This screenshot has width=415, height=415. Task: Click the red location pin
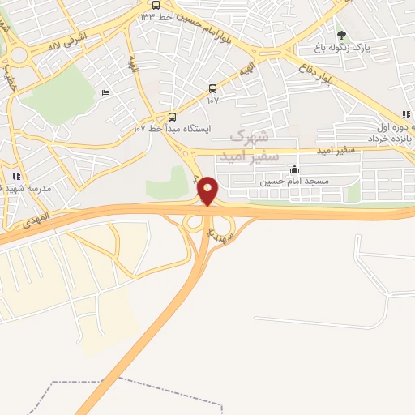[x=208, y=190]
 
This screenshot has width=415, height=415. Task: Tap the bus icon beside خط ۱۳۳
[x=156, y=5]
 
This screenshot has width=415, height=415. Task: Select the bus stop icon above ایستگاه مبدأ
[x=172, y=116]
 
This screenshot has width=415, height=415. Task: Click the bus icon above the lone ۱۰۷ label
[x=212, y=88]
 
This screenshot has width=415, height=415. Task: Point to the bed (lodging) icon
[x=105, y=93]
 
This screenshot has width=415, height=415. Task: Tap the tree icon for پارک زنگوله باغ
[x=341, y=35]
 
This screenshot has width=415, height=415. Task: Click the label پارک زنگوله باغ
[x=365, y=48]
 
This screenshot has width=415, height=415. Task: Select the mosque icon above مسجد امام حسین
[x=293, y=169]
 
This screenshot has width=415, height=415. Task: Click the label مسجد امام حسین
[x=293, y=182]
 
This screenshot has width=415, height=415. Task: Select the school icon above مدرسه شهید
[x=15, y=176]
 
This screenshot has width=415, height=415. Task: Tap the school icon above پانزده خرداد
[x=405, y=115]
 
